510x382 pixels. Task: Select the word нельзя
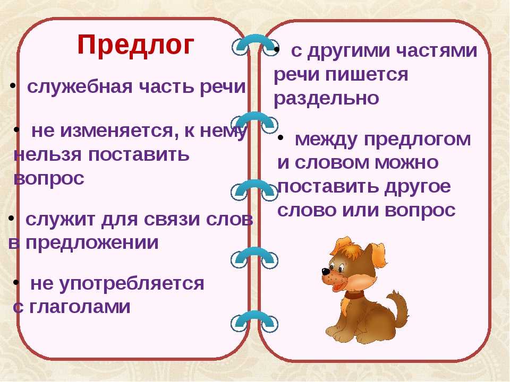coord(48,155)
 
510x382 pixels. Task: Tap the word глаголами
coord(80,307)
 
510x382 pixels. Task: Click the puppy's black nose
coord(326,271)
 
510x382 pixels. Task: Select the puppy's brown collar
coord(353,296)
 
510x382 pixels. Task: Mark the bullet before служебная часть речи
coord(12,86)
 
